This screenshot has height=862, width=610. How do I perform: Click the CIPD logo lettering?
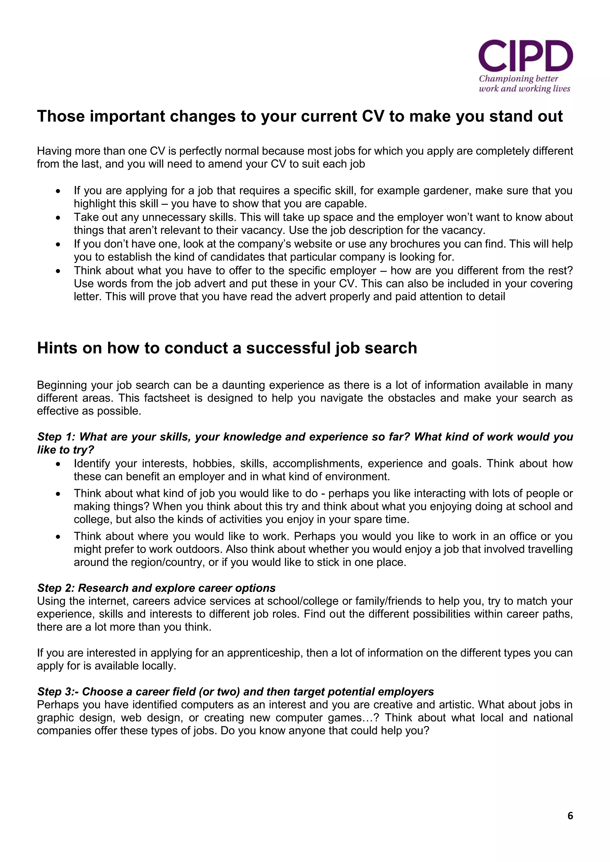(525, 56)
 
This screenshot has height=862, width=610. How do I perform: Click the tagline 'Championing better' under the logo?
(518, 79)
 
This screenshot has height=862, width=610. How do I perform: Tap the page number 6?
(570, 816)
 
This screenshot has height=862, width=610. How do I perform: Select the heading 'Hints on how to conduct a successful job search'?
(227, 348)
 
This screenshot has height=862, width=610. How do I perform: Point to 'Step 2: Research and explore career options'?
(156, 588)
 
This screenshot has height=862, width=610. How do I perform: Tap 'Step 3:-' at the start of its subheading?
(58, 691)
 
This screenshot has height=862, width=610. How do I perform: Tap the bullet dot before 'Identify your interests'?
(58, 464)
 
